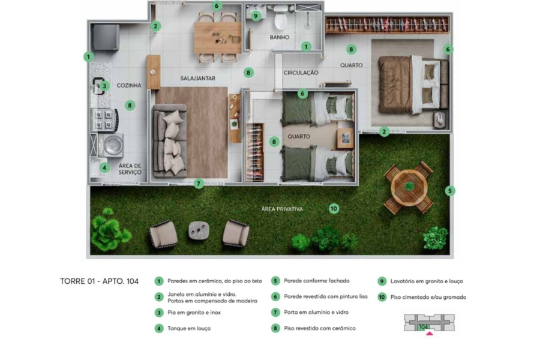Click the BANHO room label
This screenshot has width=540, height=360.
[x=279, y=37]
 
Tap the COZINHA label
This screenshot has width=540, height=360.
[x=129, y=85]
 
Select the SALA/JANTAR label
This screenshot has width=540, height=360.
[x=197, y=79]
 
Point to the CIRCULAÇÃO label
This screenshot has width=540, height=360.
[x=301, y=73]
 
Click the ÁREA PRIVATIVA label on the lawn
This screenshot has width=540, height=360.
[x=282, y=209]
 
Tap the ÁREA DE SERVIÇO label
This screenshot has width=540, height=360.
[x=130, y=169]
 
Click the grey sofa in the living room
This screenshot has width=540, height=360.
[x=170, y=141]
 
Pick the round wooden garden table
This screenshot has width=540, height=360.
[x=409, y=187]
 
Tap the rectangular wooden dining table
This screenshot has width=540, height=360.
[x=218, y=38]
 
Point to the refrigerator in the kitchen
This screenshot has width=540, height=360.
[x=106, y=37]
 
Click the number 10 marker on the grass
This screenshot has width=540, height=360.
[x=334, y=208]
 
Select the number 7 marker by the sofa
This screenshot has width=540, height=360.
[x=199, y=184]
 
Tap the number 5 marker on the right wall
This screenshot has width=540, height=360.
[x=450, y=191]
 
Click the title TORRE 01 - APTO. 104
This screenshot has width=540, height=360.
[x=99, y=281]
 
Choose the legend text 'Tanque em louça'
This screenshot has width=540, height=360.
[x=189, y=329]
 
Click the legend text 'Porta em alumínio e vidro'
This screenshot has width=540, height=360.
[x=316, y=313]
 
